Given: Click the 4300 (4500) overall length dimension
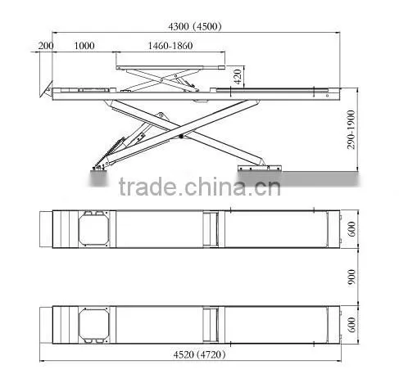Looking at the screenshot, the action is tap(195, 26).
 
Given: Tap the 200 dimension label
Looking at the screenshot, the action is tap(46, 46).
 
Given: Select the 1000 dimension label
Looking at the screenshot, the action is tap(84, 46).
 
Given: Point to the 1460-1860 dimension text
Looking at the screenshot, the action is tap(170, 46).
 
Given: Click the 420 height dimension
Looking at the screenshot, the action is tap(238, 77).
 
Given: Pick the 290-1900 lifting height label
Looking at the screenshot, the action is tap(351, 129).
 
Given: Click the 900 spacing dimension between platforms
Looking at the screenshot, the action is tap(351, 277).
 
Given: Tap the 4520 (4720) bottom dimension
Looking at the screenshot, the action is tap(199, 354).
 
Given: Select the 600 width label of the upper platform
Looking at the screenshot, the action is tap(351, 229).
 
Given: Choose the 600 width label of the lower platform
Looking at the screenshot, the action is tap(351, 325).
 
